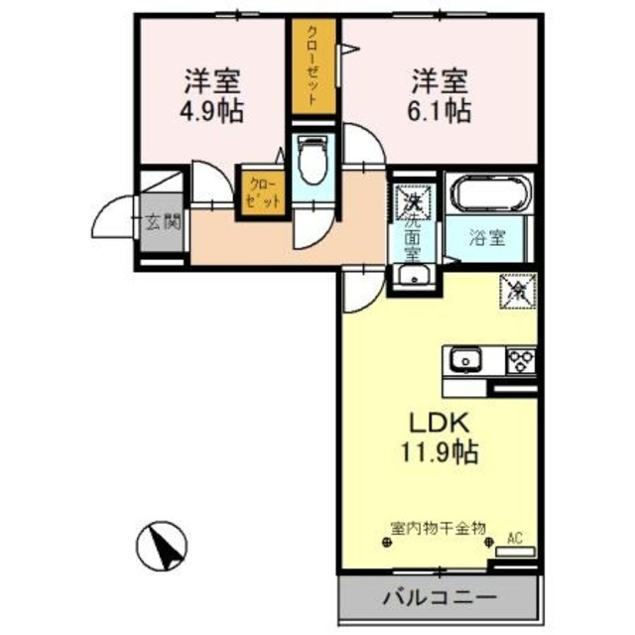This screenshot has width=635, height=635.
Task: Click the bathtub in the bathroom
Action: tap(490, 193)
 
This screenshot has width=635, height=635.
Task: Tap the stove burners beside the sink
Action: tap(521, 360)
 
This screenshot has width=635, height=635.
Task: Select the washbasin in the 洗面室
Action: tap(411, 278)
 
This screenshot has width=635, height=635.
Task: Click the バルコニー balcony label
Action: tap(439, 598)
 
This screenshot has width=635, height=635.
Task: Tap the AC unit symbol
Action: tap(515, 549)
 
